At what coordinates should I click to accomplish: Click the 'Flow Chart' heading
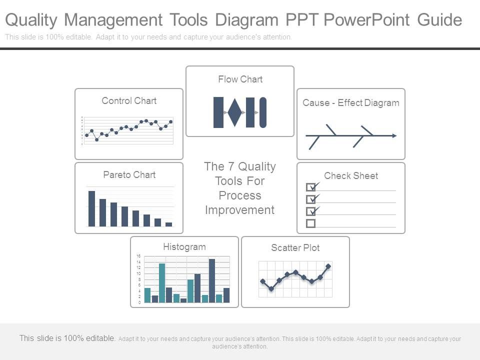240,79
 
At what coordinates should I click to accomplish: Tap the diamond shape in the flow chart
235,112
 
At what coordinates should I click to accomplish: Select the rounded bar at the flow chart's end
263,112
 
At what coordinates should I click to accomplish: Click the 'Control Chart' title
129,100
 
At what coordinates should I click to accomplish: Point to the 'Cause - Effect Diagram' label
350,103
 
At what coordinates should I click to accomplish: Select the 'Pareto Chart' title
129,174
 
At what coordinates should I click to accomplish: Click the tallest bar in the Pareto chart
91,208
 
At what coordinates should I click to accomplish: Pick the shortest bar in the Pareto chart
168,224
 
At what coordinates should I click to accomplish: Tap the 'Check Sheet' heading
350,175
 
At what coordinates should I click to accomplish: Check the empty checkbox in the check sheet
310,223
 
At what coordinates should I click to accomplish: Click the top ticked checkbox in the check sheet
310,187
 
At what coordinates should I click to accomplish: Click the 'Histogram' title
184,246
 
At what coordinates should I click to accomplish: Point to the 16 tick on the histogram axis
138,256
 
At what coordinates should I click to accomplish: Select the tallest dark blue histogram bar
212,280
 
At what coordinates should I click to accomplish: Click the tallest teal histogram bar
162,282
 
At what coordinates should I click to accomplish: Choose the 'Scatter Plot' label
295,247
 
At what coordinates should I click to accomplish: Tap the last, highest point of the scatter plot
328,266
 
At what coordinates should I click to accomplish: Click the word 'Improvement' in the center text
240,210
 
